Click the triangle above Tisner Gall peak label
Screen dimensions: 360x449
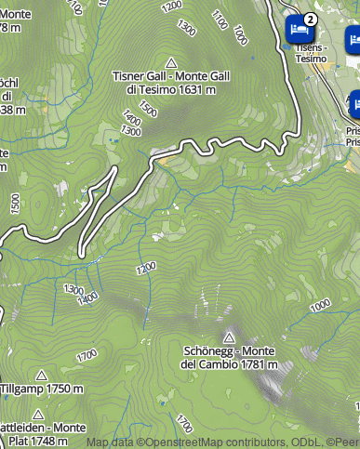coord(170,59)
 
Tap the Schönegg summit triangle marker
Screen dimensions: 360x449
coord(229,337)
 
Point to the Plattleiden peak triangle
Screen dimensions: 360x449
coord(38,414)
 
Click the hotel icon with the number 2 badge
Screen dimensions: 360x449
coord(298,29)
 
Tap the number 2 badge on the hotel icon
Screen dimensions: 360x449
coord(311,18)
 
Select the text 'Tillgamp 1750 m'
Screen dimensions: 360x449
coord(42,390)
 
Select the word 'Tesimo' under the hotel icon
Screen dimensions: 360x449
coord(311,59)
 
